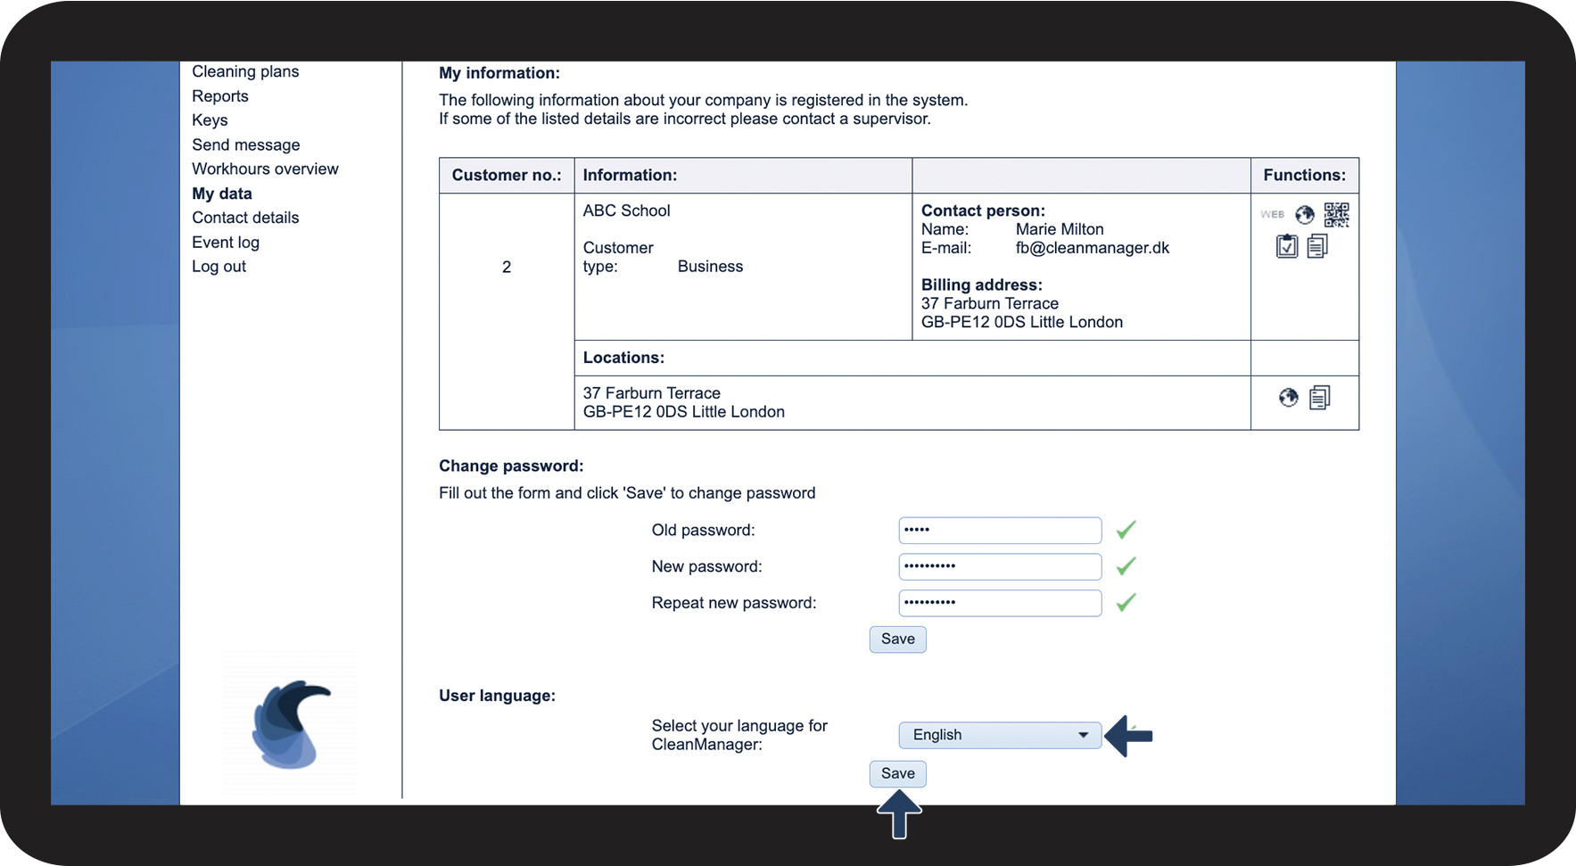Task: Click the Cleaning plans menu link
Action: tap(245, 71)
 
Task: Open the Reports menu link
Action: tap(220, 96)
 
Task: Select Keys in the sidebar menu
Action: tap(210, 120)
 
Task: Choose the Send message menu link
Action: tap(246, 144)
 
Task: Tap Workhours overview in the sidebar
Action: tap(265, 169)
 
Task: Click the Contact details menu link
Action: tap(245, 218)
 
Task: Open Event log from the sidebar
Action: tap(226, 243)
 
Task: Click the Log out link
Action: tap(219, 267)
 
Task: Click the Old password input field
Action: tap(1000, 530)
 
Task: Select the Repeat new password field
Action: tap(1000, 603)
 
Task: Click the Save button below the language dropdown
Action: tap(897, 773)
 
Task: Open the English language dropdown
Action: tap(1000, 735)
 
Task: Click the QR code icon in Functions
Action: tap(1336, 214)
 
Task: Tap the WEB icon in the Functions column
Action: tap(1273, 214)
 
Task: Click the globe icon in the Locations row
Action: tap(1288, 398)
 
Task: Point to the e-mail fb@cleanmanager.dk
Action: tap(1092, 248)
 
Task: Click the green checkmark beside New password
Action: tap(1126, 566)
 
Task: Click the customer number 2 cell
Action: tap(507, 267)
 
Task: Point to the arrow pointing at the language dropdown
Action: tap(1128, 736)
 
